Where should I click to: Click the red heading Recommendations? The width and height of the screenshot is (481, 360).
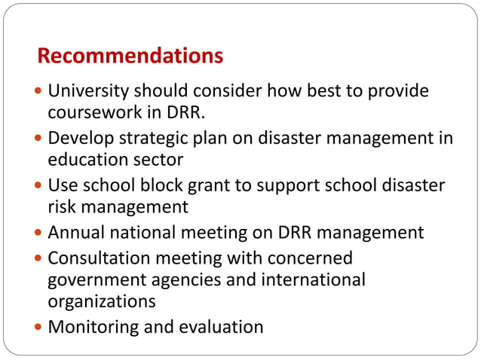pyautogui.click(x=130, y=56)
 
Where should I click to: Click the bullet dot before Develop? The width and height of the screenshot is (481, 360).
pyautogui.click(x=39, y=139)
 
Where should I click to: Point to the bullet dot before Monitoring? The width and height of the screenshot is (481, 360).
pyautogui.click(x=39, y=328)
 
